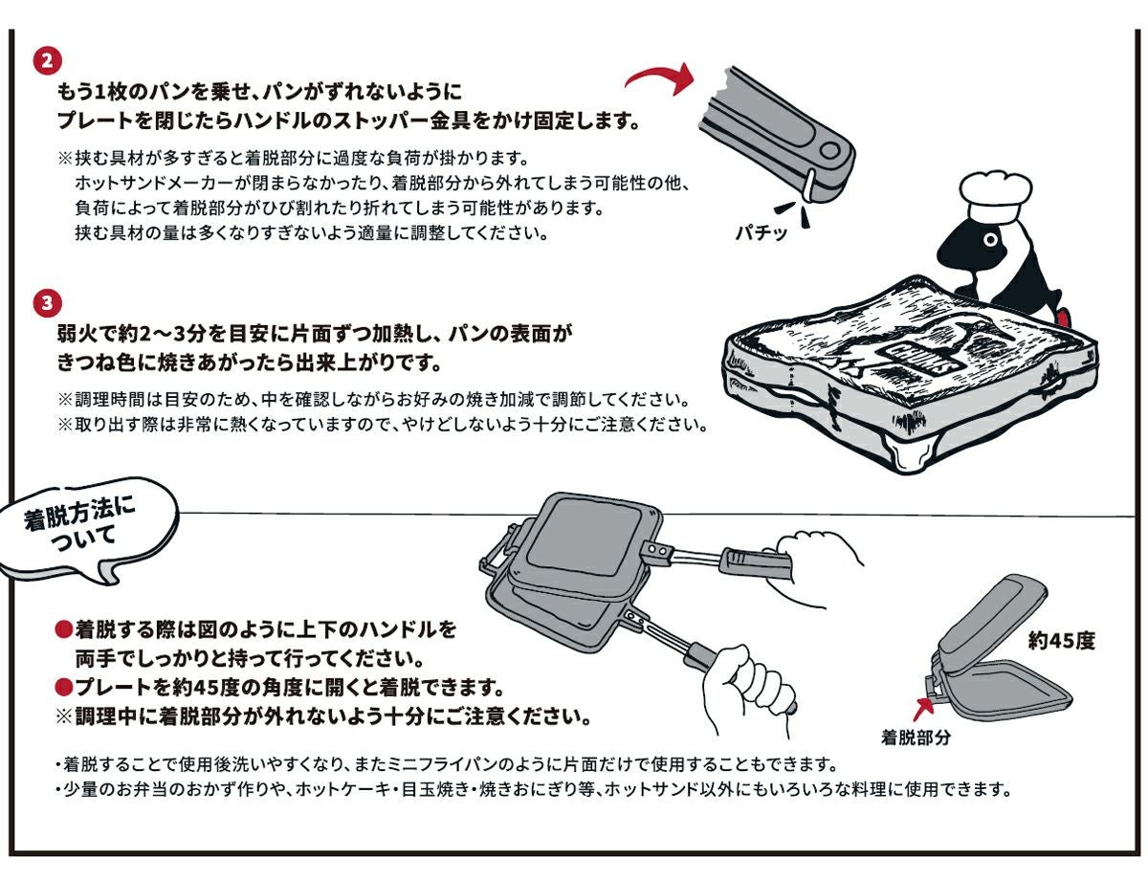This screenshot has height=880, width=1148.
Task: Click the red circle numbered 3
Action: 47,304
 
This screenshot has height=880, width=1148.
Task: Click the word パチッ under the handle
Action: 762,231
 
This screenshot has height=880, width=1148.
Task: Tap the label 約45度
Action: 1061,642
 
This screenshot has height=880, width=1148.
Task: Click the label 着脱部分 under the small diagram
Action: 916,737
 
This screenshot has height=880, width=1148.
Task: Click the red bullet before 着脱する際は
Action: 64,630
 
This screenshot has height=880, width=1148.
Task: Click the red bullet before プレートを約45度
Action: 64,688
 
